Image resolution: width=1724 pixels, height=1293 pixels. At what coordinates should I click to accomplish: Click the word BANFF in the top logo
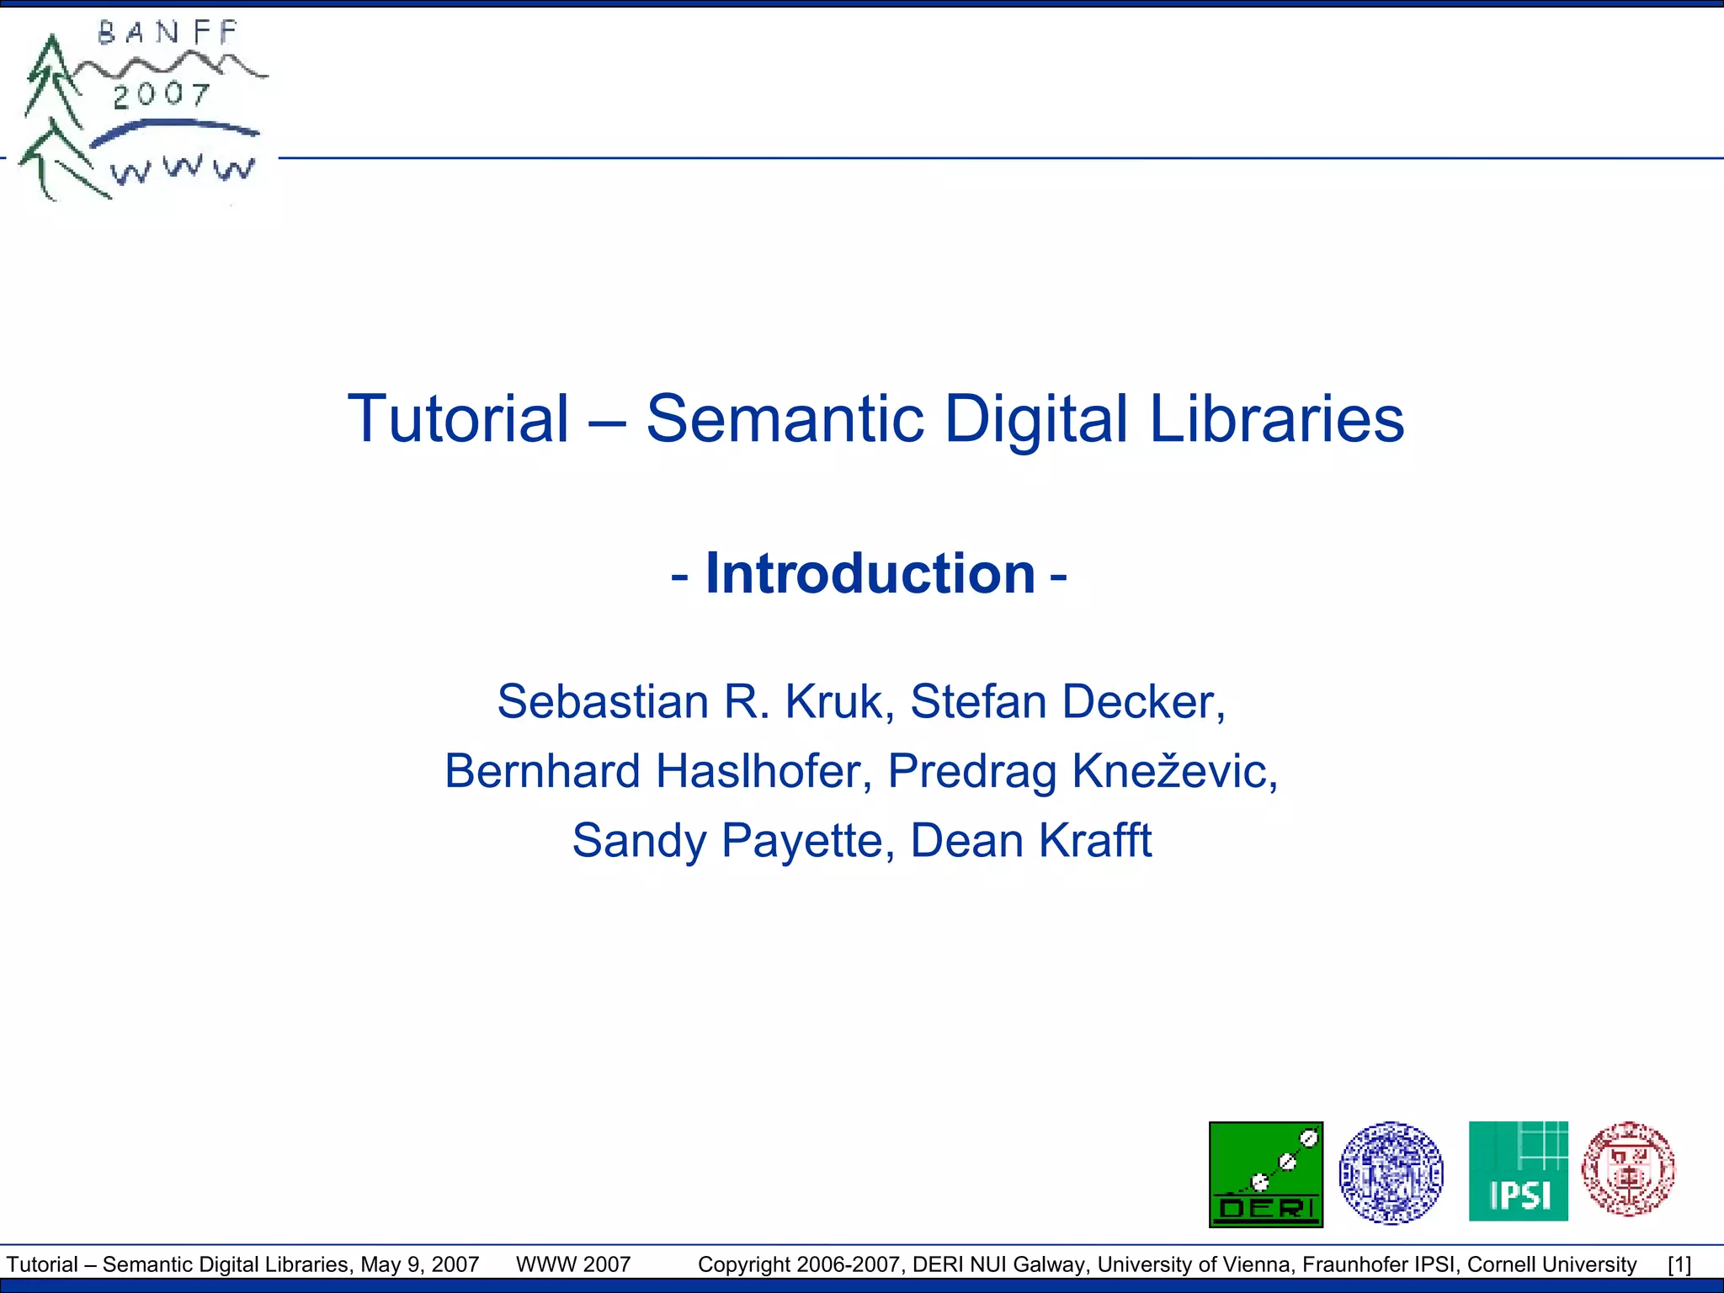click(168, 34)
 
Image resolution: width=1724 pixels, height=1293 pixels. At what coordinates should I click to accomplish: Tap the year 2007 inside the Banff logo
click(162, 94)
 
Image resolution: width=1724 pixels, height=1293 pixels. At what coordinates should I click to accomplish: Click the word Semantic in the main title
click(785, 418)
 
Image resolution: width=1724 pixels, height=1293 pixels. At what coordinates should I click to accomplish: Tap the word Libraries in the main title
click(1276, 418)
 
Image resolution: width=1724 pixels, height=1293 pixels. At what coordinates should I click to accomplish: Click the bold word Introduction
click(870, 573)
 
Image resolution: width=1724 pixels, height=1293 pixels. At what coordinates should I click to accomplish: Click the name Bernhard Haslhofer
click(657, 771)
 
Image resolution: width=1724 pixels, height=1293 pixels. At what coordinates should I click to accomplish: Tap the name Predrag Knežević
click(1083, 771)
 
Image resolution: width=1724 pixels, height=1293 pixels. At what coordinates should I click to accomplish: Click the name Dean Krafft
click(1030, 840)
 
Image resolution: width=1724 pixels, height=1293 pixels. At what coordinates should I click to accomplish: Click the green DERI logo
click(1266, 1174)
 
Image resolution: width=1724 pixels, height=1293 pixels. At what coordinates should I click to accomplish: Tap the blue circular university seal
click(1391, 1173)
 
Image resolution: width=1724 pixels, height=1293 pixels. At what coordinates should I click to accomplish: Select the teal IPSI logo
click(1518, 1171)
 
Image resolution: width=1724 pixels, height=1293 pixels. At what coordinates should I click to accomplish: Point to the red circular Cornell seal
click(1628, 1169)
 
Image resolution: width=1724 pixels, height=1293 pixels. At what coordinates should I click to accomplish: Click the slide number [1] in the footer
click(1679, 1264)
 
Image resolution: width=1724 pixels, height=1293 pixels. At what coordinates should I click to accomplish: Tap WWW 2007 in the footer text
click(573, 1264)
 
